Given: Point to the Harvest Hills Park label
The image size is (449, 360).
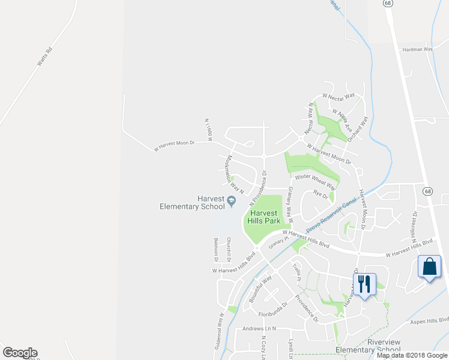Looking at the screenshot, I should (x=264, y=217).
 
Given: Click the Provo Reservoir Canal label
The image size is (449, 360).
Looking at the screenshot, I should (x=331, y=215).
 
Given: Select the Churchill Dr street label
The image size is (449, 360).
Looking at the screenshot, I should (x=229, y=251).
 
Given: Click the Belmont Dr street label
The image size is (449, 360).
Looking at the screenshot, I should (x=215, y=250).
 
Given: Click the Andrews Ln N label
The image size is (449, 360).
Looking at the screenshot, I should (x=259, y=328).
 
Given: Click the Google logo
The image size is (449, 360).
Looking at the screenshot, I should (x=20, y=353).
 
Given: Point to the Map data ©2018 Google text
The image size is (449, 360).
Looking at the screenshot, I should (x=412, y=355).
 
